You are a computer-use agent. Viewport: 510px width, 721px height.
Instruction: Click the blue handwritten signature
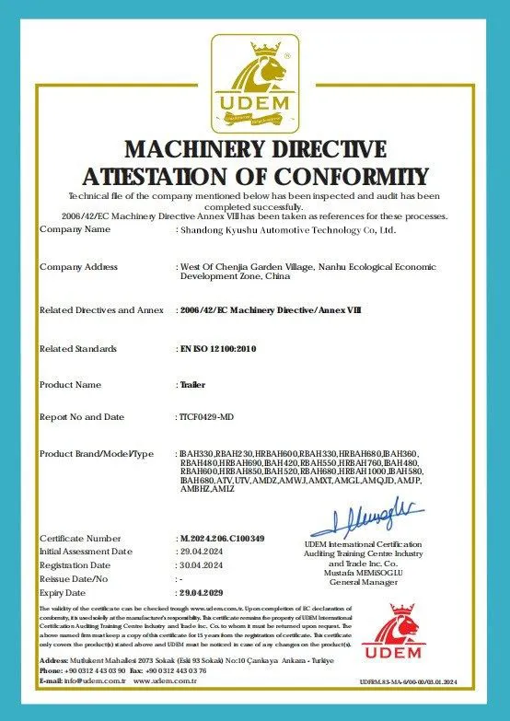click(365, 518)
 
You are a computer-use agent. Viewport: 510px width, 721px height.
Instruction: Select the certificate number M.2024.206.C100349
click(222, 538)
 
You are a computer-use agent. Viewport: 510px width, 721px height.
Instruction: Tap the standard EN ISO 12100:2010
click(215, 349)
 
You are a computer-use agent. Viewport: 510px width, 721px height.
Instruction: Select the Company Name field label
click(82, 229)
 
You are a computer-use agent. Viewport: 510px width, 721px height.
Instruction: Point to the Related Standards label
click(78, 349)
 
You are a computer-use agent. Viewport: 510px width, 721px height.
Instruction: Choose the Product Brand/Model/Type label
click(97, 455)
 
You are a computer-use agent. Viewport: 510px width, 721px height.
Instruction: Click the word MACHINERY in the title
click(193, 150)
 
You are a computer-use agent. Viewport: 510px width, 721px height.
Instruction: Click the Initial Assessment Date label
click(86, 551)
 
